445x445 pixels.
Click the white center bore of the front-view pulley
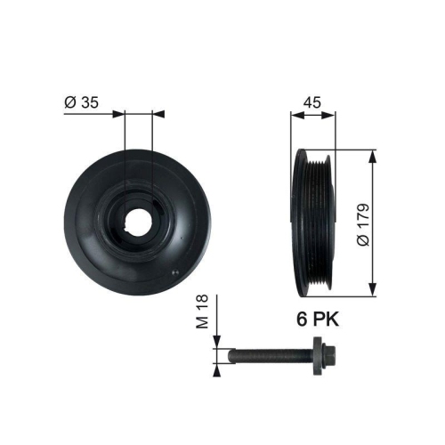tap(139, 219)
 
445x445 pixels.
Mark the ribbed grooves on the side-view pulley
tap(319, 222)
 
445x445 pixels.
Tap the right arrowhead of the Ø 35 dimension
tap(158, 114)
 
